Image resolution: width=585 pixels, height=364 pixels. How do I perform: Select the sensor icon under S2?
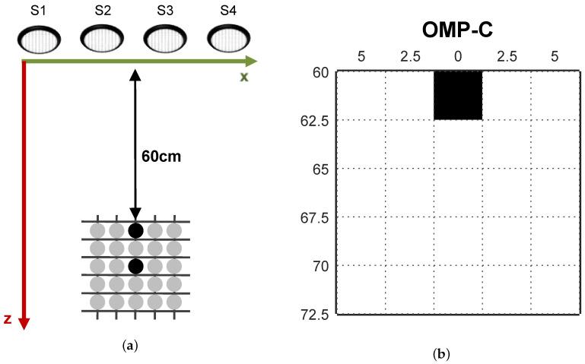pyautogui.click(x=101, y=39)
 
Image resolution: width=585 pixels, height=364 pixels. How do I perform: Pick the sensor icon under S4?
pyautogui.click(x=227, y=39)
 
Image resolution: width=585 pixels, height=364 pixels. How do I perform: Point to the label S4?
pyautogui.click(x=226, y=11)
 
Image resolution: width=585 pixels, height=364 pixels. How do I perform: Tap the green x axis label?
pyautogui.click(x=243, y=77)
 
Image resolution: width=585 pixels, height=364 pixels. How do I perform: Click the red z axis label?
pyautogui.click(x=8, y=319)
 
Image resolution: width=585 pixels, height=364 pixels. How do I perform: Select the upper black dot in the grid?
pyautogui.click(x=135, y=230)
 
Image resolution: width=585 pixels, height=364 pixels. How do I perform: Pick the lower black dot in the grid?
pyautogui.click(x=135, y=266)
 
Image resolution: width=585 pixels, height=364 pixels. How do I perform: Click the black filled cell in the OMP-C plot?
pyautogui.click(x=458, y=95)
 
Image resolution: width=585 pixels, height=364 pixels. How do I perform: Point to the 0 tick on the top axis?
pyautogui.click(x=458, y=56)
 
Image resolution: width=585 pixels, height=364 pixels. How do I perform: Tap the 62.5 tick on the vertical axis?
pyautogui.click(x=315, y=120)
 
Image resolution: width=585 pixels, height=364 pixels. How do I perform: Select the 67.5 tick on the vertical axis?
pyautogui.click(x=315, y=217)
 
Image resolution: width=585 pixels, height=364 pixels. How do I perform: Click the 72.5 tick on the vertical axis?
pyautogui.click(x=315, y=314)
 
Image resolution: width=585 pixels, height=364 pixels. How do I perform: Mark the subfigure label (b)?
pyautogui.click(x=440, y=354)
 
